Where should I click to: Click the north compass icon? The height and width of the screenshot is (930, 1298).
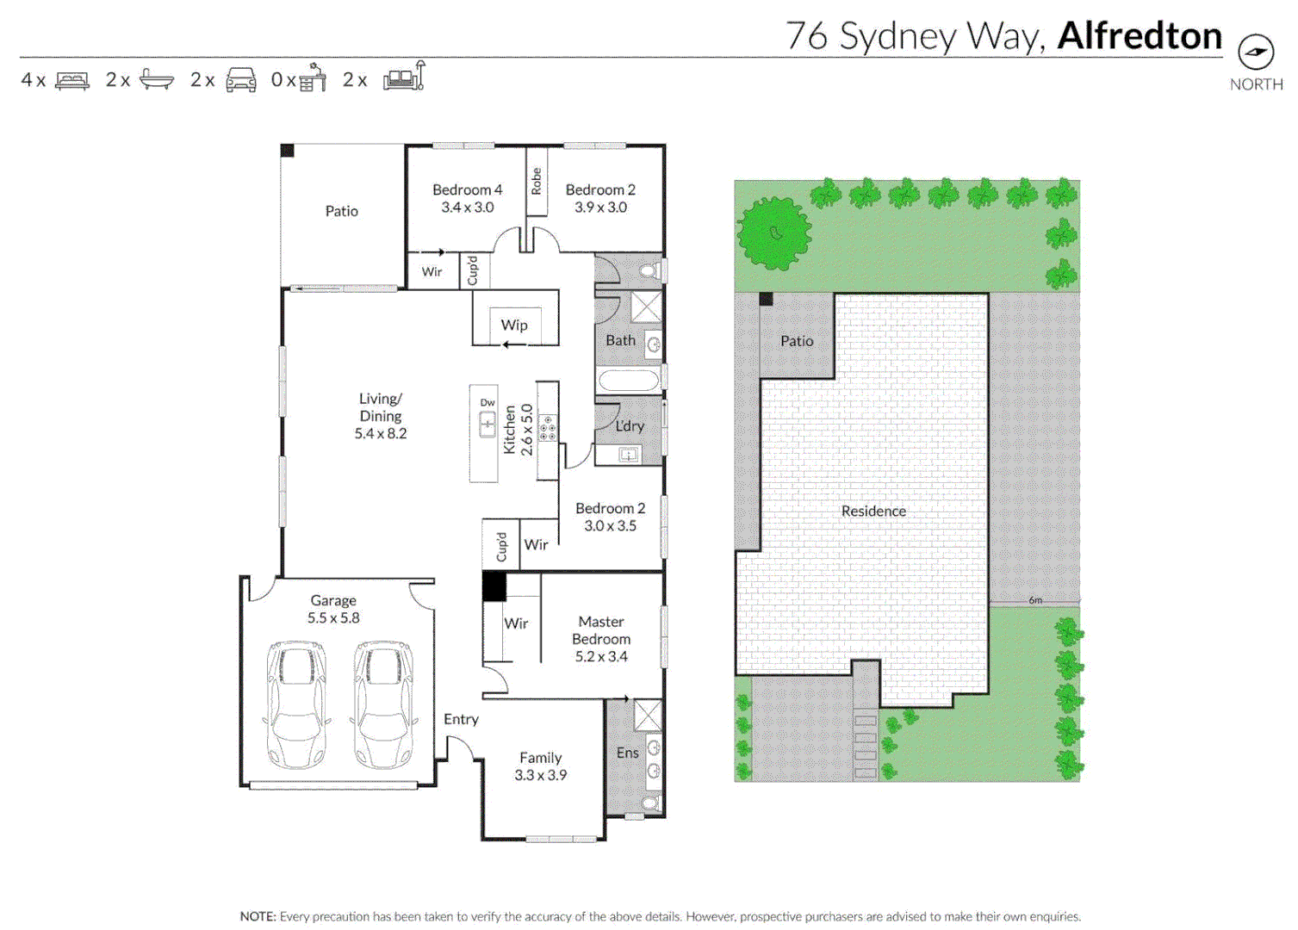[x=1256, y=53]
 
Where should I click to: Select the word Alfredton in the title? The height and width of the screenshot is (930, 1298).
[x=1139, y=36]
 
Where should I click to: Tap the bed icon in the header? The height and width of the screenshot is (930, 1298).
[x=71, y=80]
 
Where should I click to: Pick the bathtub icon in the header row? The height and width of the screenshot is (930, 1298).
[x=156, y=80]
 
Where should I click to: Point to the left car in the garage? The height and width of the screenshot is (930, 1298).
[x=296, y=704]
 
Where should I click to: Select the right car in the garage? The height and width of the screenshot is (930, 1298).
[x=383, y=704]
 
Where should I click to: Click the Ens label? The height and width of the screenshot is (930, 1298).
[x=627, y=753]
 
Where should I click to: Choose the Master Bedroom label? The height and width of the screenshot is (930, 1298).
[x=601, y=638]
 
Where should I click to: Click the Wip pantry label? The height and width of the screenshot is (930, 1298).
[x=514, y=325]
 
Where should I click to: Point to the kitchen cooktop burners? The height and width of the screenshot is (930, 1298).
[x=547, y=428]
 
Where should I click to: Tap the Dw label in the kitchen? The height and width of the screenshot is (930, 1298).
[x=488, y=402]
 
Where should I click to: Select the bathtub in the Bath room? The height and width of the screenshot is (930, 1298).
[x=629, y=381]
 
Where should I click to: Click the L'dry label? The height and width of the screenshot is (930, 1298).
[x=630, y=425]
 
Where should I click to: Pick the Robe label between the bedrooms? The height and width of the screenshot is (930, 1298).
[x=536, y=181]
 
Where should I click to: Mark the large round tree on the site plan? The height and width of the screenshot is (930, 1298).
[x=773, y=233]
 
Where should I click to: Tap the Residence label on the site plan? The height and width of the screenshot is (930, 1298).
[x=873, y=511]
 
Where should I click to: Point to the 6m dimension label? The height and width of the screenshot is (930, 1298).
[x=1035, y=599]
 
